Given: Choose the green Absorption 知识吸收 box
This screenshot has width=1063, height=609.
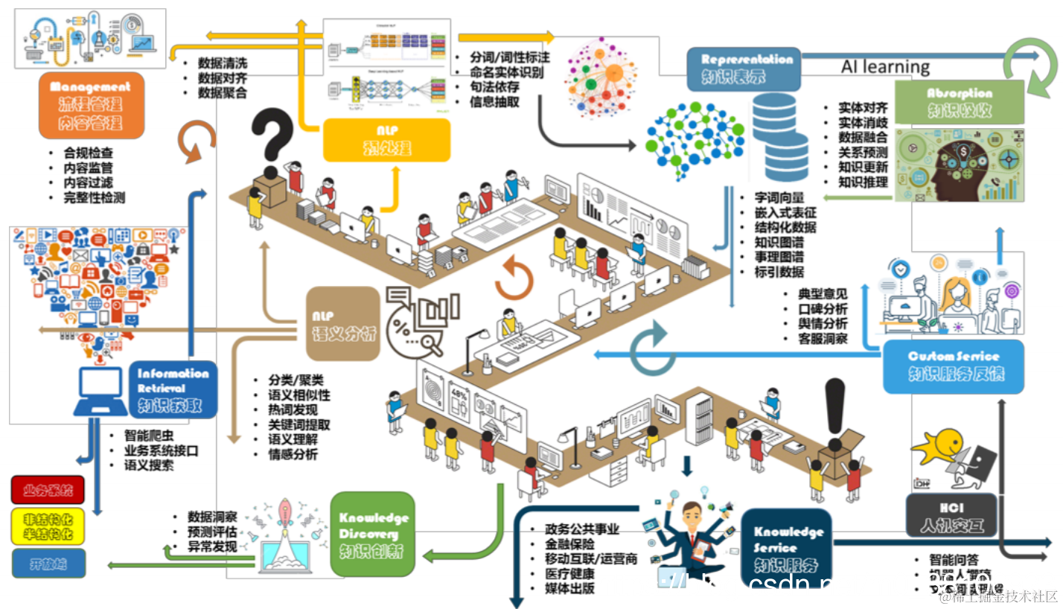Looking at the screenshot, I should click(x=959, y=102).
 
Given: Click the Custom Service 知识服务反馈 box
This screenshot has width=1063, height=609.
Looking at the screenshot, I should click(x=953, y=366).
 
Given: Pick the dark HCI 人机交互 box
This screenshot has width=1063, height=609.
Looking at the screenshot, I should click(x=951, y=515).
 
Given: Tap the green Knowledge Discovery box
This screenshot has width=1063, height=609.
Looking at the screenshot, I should click(x=372, y=533).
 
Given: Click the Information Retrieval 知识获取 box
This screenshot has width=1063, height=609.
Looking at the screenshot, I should click(x=172, y=389).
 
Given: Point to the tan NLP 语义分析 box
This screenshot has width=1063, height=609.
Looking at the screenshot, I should click(x=343, y=325).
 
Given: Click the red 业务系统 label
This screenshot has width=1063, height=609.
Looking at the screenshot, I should click(x=48, y=490).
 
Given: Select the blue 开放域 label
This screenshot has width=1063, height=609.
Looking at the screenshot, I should click(x=48, y=563).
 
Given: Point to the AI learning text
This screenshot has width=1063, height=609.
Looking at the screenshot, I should click(x=885, y=66).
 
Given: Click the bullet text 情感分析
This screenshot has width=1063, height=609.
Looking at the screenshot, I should click(x=293, y=454).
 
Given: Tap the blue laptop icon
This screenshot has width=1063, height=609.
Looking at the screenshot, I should click(x=100, y=392).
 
